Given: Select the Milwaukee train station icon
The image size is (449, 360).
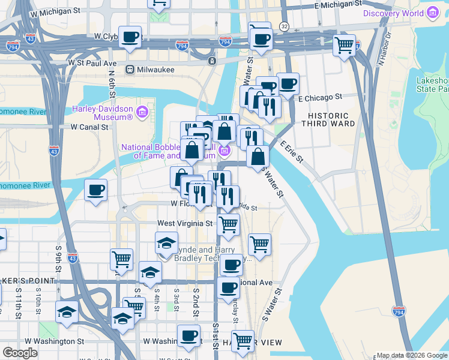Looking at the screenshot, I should [129, 70].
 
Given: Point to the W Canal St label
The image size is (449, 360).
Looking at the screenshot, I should [89, 127].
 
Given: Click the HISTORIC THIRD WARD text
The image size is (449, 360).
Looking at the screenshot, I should [328, 121].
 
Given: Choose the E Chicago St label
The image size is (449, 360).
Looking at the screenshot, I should [320, 97].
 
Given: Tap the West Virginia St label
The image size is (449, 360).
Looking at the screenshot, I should [185, 223].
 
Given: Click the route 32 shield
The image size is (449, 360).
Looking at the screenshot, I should [284, 27].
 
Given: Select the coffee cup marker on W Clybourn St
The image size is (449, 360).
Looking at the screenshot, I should [130, 38].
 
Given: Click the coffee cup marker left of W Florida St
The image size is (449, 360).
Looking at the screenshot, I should [96, 191].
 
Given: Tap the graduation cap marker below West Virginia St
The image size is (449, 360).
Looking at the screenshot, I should [166, 244].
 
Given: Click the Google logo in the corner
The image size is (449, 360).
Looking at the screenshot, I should [20, 353].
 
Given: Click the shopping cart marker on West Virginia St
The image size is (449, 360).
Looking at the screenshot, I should [228, 225].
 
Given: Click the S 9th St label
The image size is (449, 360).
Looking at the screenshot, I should [59, 256].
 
